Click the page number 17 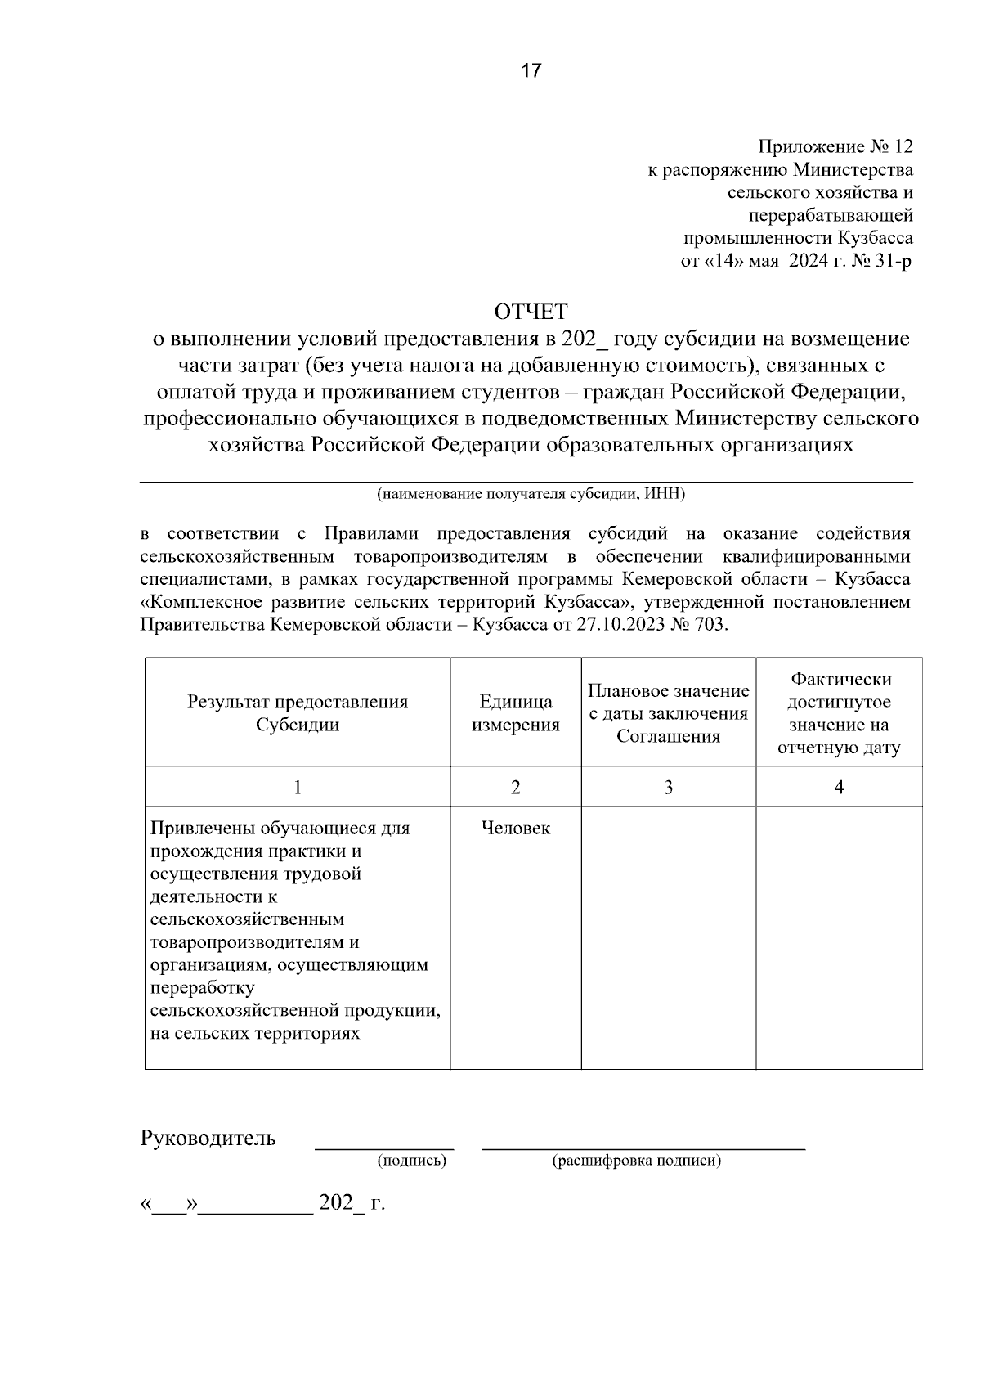pyautogui.click(x=531, y=71)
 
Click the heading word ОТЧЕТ pyautogui.click(x=531, y=312)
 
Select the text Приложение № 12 pyautogui.click(x=835, y=147)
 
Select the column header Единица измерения pyautogui.click(x=515, y=713)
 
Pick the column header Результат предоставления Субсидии pyautogui.click(x=298, y=713)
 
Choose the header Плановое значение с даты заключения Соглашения pyautogui.click(x=668, y=713)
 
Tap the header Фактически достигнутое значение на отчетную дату pyautogui.click(x=839, y=713)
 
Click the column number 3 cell pyautogui.click(x=668, y=787)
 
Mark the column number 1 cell pyautogui.click(x=298, y=787)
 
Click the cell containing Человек pyautogui.click(x=515, y=829)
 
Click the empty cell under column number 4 pyautogui.click(x=839, y=937)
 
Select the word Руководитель pyautogui.click(x=208, y=1138)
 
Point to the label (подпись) pyautogui.click(x=411, y=1161)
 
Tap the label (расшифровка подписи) pyautogui.click(x=637, y=1161)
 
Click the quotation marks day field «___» pyautogui.click(x=169, y=1204)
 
